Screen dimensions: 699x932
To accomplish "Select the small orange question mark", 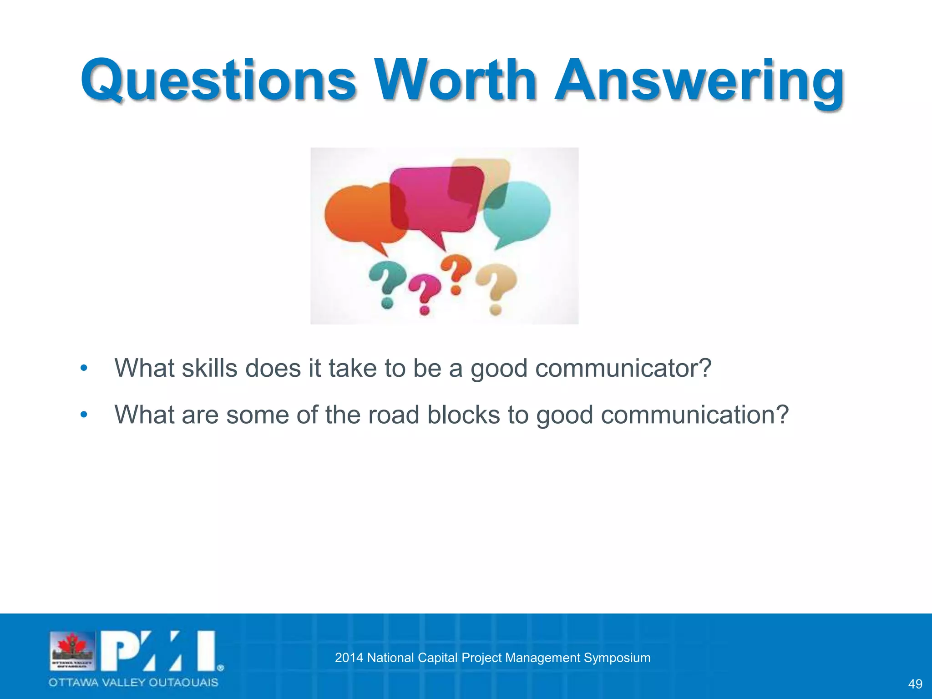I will point(456,273).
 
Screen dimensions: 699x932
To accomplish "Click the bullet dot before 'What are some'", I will point(83,415).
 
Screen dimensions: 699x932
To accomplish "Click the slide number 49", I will point(915,684).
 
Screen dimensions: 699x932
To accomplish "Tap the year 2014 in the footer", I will point(349,658).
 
